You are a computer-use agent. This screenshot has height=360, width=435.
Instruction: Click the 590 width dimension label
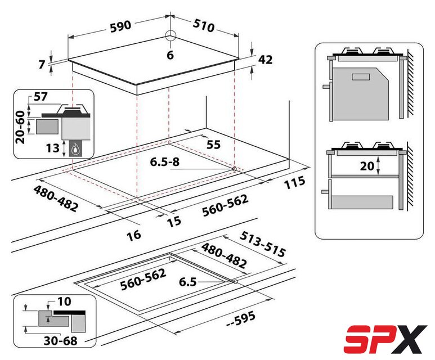(x=120, y=26)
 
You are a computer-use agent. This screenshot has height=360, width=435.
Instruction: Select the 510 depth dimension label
(x=204, y=25)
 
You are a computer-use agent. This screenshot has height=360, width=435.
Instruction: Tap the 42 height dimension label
(x=266, y=60)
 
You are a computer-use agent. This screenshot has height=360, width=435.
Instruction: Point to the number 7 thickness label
(x=42, y=65)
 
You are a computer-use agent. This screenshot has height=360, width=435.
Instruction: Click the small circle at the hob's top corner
(x=171, y=36)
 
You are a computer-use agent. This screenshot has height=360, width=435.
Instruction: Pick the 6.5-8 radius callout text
(x=165, y=161)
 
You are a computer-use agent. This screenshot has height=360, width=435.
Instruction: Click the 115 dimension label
(x=294, y=183)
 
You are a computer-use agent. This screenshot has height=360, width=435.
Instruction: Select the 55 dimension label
(x=214, y=145)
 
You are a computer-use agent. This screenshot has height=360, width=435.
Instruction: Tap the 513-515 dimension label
(x=262, y=244)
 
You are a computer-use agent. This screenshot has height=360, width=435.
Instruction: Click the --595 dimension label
(x=240, y=319)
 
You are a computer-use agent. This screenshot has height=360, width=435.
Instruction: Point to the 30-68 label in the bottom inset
(x=60, y=341)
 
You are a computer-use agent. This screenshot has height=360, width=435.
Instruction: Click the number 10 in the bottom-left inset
(x=64, y=301)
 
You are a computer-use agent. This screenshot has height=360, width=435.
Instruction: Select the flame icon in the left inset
(x=75, y=150)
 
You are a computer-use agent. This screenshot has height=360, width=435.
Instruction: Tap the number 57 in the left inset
(x=41, y=97)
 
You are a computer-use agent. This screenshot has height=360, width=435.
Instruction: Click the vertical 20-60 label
(x=20, y=127)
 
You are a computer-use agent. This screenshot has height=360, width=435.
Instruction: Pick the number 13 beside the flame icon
(x=53, y=148)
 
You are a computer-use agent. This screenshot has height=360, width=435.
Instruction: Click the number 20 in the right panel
(x=367, y=166)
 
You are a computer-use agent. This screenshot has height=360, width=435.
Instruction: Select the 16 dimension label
(x=134, y=236)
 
